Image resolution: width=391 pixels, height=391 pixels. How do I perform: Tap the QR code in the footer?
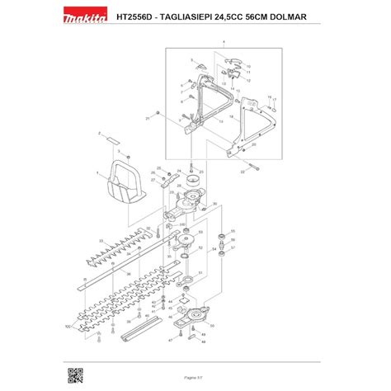(74, 375)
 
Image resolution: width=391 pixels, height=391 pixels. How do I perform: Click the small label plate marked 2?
(106, 139)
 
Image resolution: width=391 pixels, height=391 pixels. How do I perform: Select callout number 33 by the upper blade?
(100, 241)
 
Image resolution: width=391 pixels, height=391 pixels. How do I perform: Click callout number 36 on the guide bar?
(129, 274)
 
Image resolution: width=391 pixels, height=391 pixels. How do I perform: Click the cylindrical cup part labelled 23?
(195, 180)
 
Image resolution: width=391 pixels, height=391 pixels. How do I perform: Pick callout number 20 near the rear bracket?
(252, 144)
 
